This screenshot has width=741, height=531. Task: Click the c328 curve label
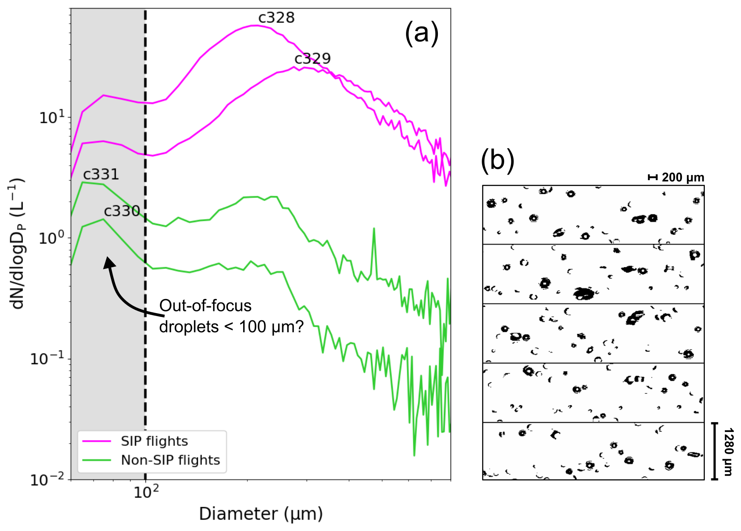click(x=276, y=18)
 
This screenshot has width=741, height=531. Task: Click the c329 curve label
click(x=312, y=59)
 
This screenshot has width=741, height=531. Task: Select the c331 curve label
click(x=101, y=174)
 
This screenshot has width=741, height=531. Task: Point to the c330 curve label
click(x=122, y=211)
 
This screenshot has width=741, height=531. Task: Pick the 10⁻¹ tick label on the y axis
click(x=47, y=358)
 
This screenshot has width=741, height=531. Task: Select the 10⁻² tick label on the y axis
click(x=47, y=479)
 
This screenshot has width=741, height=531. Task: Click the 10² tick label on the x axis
click(x=146, y=491)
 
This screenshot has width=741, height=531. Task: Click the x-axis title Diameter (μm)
click(x=261, y=514)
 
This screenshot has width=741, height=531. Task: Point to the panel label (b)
click(x=497, y=161)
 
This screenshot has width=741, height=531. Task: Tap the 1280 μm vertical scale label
click(x=728, y=451)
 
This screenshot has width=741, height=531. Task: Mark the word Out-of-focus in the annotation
click(x=205, y=306)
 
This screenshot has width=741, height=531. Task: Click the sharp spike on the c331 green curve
click(x=374, y=229)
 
